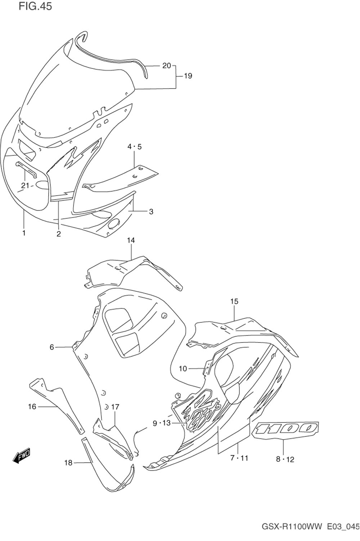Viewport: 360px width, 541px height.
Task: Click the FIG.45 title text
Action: [35, 6]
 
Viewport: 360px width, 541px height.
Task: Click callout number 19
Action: [188, 76]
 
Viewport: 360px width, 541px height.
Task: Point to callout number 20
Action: [166, 66]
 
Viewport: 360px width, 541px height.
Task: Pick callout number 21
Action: [25, 186]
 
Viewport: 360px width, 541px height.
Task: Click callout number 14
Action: [131, 240]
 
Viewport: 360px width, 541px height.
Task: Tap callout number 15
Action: [234, 301]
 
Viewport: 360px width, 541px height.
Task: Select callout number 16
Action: [32, 406]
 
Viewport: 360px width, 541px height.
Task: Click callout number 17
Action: [115, 407]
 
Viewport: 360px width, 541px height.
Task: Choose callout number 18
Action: [68, 462]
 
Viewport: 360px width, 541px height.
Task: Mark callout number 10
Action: [183, 368]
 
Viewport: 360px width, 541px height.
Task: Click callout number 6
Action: [52, 347]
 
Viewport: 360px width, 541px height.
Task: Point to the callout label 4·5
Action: [134, 147]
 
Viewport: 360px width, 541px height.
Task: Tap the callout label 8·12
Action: [285, 459]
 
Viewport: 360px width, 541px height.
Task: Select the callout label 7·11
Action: [239, 458]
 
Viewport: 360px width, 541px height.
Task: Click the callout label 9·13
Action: [162, 423]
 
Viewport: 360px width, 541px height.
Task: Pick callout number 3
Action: [151, 211]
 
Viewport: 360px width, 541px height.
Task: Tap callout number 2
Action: [58, 234]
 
